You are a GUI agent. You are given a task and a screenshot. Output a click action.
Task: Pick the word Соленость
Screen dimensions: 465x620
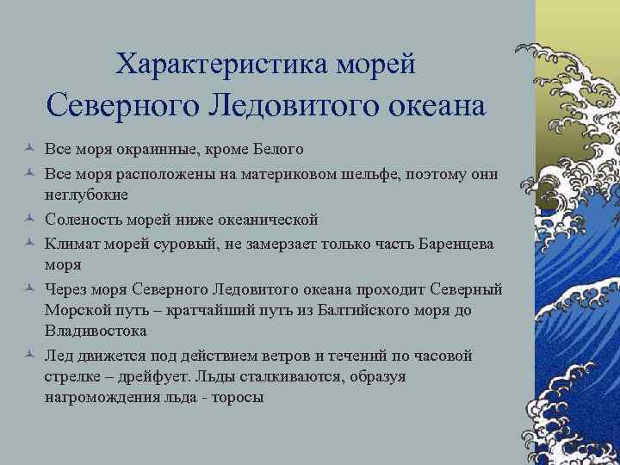85,219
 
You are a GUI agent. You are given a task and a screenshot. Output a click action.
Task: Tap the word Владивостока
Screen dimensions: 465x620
96,331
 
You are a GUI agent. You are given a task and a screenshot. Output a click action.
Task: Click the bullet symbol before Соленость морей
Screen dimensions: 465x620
29,219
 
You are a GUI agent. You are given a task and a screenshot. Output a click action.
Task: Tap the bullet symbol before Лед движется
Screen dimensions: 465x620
29,355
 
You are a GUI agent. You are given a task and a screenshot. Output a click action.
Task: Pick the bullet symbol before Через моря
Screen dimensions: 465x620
29,289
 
